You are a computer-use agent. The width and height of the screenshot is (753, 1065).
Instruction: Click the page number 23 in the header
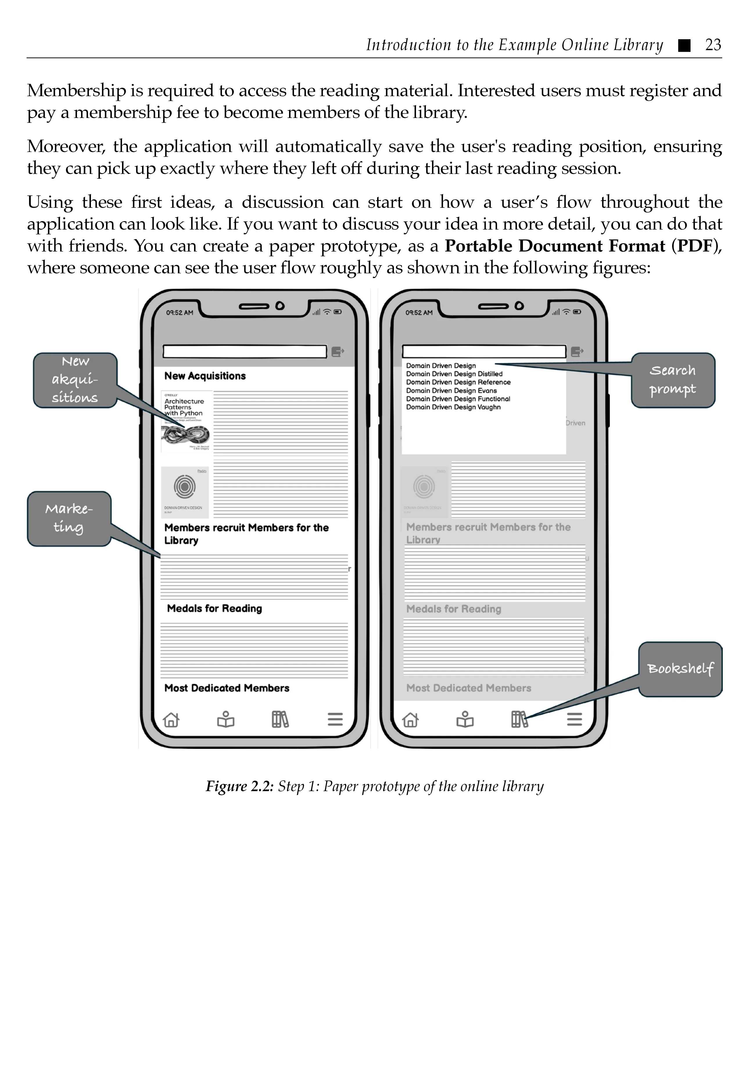713,45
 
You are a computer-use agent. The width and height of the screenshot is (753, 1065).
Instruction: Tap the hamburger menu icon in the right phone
574,719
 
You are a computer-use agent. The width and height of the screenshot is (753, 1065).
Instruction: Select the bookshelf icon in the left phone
280,719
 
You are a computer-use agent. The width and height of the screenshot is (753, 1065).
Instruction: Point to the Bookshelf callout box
680,669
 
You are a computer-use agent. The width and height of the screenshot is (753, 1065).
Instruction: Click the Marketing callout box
69,519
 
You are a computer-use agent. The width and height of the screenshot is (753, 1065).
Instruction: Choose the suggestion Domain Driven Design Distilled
454,374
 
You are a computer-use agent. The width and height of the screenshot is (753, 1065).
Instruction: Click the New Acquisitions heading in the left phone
205,376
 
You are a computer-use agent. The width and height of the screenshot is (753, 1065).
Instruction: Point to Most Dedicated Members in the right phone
468,688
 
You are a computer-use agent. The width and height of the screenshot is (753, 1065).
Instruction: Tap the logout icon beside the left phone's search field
338,352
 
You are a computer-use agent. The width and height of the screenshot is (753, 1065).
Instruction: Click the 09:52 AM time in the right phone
419,313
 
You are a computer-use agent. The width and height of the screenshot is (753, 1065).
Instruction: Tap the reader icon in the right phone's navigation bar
465,719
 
